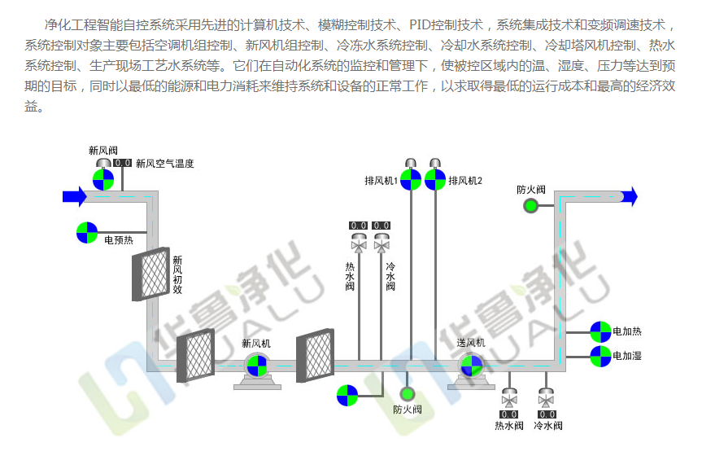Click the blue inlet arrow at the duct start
[75, 195]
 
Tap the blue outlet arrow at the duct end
[629, 195]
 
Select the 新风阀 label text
[103, 151]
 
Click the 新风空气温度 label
[165, 164]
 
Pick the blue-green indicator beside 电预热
[87, 232]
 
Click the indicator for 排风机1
[411, 179]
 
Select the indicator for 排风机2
[435, 179]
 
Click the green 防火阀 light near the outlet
[531, 205]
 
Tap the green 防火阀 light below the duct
[408, 395]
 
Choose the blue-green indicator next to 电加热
[600, 331]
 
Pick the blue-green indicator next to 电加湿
[600, 356]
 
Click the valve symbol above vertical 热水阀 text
[358, 243]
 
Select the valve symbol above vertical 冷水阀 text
[381, 243]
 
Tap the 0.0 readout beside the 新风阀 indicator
[123, 164]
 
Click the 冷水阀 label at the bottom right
[547, 426]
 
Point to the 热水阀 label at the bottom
[509, 426]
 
